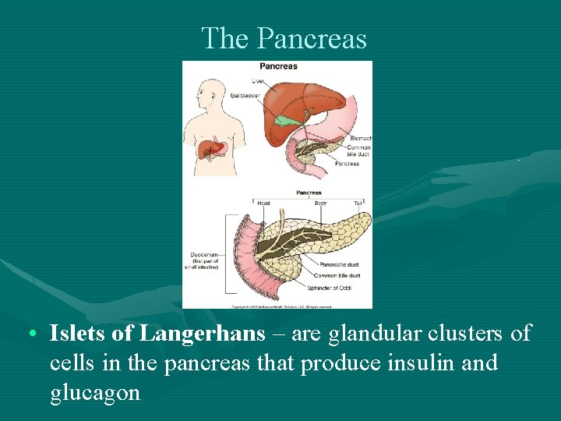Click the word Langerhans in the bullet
tap(202, 334)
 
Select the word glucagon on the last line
tap(94, 392)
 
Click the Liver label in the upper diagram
tap(257, 81)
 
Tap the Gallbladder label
tap(245, 95)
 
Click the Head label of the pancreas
tap(263, 203)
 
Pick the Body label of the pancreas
tap(320, 203)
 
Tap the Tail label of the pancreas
tap(358, 203)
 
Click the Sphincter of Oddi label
tap(333, 287)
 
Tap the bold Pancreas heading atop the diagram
tap(278, 66)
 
